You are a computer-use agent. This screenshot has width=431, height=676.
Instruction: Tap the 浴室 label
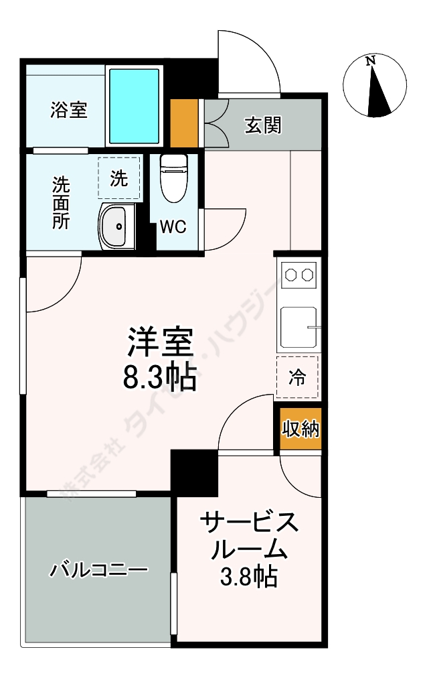coord(68,110)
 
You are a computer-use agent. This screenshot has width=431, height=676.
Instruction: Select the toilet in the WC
coord(174,177)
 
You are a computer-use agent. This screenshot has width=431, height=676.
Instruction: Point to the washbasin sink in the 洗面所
coord(116,227)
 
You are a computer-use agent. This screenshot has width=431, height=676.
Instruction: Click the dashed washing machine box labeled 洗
coord(119,178)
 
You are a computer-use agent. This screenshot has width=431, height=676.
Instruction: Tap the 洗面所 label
coord(62,203)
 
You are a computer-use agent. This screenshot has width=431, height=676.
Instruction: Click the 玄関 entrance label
coord(262,125)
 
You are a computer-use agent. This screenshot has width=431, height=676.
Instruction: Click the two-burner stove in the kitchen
coord(298,275)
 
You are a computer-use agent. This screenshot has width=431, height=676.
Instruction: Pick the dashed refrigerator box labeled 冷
coord(296,378)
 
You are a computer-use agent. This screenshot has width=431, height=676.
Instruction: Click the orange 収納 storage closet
coord(300,429)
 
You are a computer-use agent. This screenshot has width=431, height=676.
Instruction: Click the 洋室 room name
coord(161,343)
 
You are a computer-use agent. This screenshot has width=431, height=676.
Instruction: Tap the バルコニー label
coord(98,571)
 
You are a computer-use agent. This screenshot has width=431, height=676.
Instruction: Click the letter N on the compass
coord(370,60)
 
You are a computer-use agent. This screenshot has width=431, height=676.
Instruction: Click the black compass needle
coord(378,94)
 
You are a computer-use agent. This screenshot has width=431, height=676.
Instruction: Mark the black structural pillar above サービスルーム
coord(194,472)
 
